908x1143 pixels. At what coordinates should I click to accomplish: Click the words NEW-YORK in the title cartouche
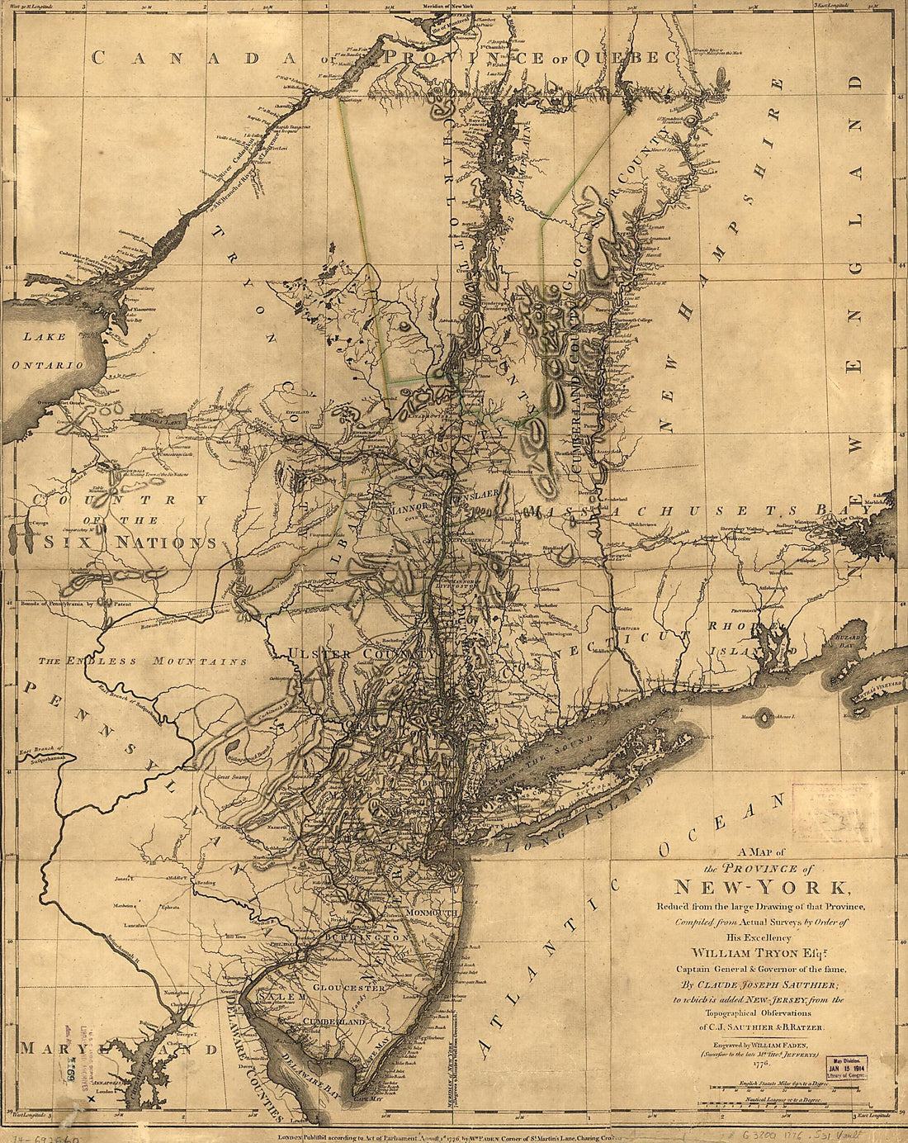click(x=760, y=888)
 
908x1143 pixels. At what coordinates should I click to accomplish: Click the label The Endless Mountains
click(x=143, y=662)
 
